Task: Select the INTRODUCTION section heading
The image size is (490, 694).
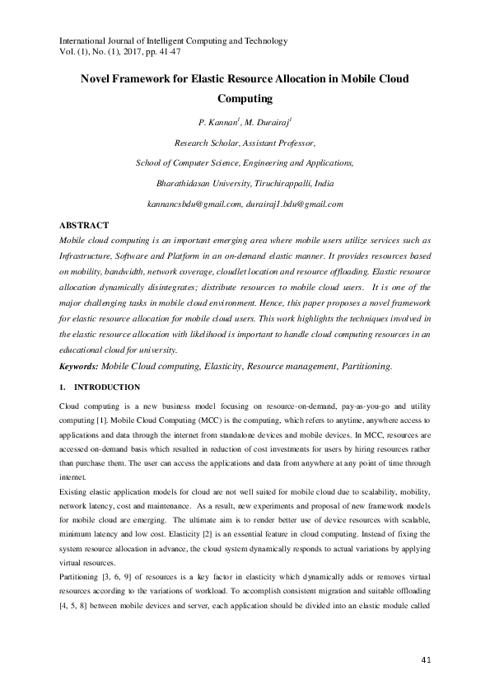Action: (x=107, y=387)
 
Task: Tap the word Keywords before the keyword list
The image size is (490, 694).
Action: (x=82, y=365)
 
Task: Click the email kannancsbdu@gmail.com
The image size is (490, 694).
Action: (x=194, y=203)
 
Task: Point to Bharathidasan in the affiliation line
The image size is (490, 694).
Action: (x=183, y=183)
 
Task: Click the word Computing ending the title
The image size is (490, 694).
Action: (x=244, y=99)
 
